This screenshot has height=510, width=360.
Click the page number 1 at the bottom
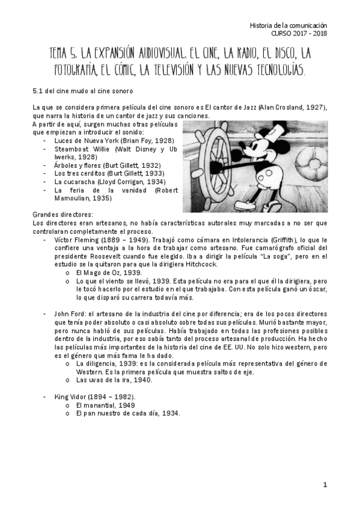tap(325, 485)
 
